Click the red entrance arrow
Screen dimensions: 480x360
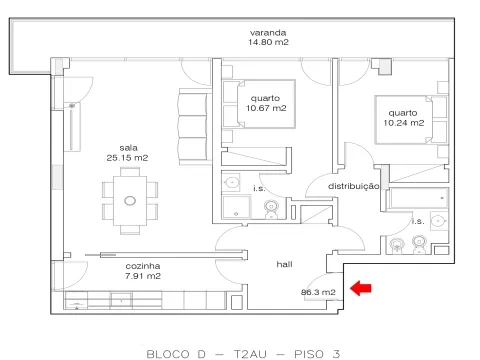click(x=361, y=288)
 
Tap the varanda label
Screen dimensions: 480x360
click(x=268, y=33)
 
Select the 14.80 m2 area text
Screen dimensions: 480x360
click(x=268, y=42)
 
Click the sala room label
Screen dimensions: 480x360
click(x=128, y=148)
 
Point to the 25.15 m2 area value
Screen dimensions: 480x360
click(x=127, y=158)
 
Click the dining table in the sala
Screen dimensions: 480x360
click(x=130, y=201)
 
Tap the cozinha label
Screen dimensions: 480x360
click(x=143, y=266)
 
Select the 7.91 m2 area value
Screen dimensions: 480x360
click(x=143, y=276)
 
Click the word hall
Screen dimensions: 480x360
click(x=284, y=264)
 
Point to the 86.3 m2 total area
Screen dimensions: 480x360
click(x=318, y=292)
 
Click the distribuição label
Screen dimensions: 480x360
click(x=353, y=186)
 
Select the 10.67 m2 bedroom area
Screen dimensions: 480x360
click(x=266, y=108)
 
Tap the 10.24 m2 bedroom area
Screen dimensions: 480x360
click(x=404, y=123)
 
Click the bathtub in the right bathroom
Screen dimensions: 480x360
click(x=417, y=198)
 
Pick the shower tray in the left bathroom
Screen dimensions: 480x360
click(x=236, y=207)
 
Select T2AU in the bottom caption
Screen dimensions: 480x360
click(x=250, y=354)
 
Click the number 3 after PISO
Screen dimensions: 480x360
click(x=336, y=354)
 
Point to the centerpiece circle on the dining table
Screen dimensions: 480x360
click(x=130, y=201)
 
